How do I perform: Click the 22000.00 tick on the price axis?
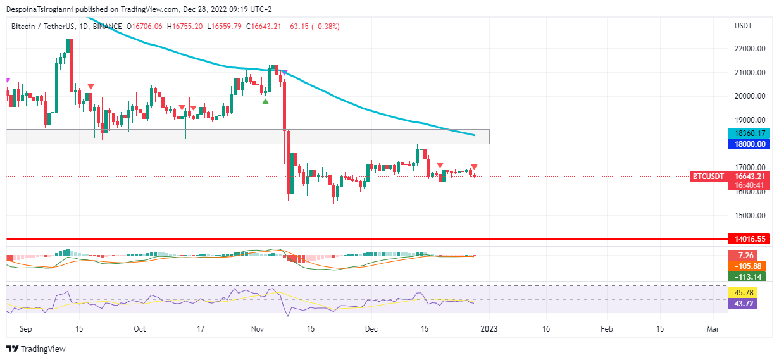point(751,49)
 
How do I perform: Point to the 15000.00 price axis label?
point(751,216)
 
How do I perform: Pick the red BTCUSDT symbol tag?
point(707,177)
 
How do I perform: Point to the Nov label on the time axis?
point(258,329)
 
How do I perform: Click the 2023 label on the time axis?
point(489,329)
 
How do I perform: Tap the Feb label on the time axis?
point(606,329)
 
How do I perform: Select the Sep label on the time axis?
point(25,329)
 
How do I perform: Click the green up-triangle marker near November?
point(266,101)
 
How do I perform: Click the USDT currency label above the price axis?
point(744,26)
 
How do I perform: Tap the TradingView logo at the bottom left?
point(36,349)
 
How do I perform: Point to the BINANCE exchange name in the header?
point(107,27)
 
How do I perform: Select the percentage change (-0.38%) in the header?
point(325,27)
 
